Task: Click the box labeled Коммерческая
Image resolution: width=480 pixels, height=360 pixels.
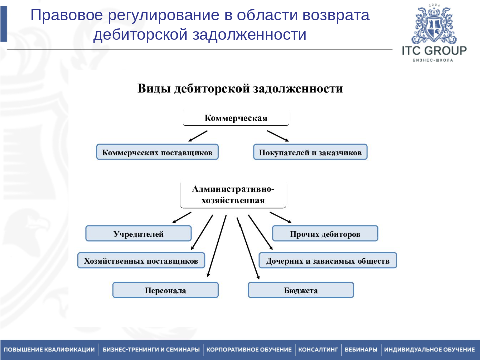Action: click(235, 118)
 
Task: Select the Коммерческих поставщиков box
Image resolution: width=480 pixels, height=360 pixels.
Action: click(157, 152)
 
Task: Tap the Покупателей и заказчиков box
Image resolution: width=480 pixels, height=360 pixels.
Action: click(310, 152)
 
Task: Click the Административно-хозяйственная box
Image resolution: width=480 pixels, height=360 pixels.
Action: click(233, 195)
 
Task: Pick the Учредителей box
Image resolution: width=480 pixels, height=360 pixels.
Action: click(138, 233)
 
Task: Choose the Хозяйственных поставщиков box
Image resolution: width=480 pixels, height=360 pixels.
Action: click(141, 260)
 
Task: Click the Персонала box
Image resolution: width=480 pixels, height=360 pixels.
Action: click(165, 290)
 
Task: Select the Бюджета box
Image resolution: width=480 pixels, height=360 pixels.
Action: click(301, 290)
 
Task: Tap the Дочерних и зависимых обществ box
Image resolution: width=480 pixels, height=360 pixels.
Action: click(327, 260)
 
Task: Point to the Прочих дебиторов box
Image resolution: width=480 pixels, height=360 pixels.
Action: click(325, 233)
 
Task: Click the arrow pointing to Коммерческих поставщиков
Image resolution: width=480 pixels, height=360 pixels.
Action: click(198, 136)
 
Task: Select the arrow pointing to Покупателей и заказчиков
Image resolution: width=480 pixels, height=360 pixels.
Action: click(278, 136)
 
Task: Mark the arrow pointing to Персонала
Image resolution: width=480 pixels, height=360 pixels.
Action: click(217, 246)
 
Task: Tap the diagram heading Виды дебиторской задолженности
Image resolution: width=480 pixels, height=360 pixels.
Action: click(240, 89)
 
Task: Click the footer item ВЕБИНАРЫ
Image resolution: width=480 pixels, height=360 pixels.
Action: click(361, 349)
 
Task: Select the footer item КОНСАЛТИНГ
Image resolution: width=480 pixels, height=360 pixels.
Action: click(318, 349)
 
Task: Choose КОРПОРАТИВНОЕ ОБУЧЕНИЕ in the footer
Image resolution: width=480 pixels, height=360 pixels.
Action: click(249, 349)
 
